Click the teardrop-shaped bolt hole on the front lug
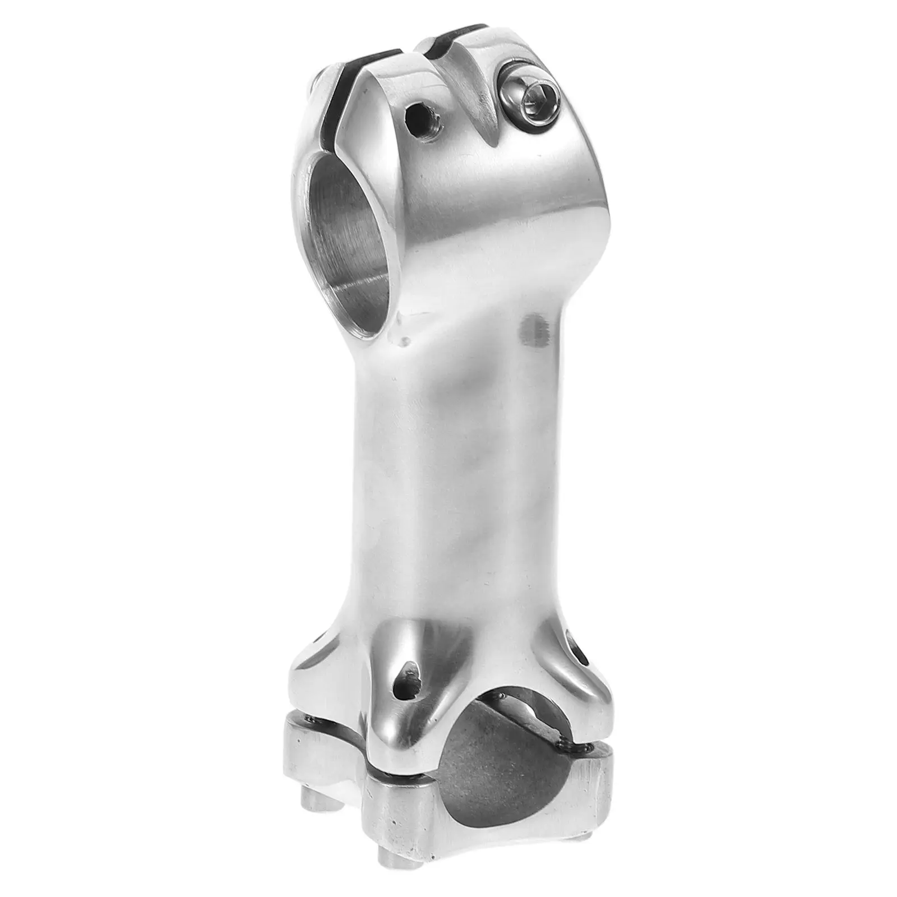[408, 679]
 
